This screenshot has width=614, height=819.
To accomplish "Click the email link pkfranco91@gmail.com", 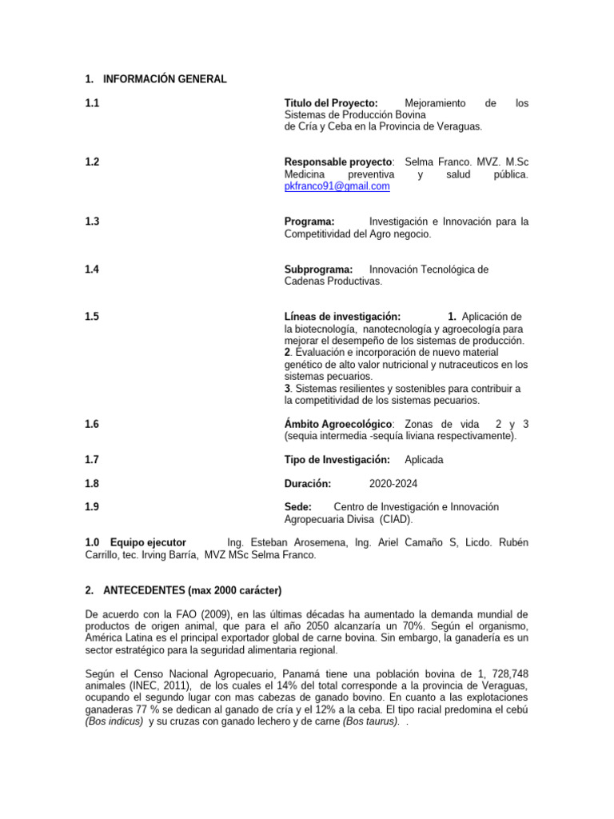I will [337, 186].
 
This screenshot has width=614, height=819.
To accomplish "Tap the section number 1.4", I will [92, 270].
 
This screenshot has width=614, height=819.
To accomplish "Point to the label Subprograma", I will [318, 270].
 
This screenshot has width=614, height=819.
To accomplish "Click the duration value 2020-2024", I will [393, 483].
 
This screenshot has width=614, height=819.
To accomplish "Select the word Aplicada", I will [424, 460].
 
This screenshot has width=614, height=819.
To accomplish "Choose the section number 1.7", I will [92, 460].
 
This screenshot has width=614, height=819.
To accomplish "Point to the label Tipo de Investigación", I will [337, 460].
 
